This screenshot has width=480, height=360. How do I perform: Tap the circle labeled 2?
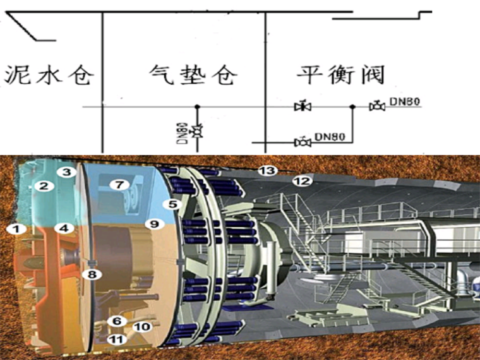44,186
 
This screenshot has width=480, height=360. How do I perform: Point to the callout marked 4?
64,227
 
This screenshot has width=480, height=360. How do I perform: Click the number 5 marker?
170,204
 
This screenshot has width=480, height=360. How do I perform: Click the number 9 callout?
153,224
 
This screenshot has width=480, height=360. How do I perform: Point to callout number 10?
142,327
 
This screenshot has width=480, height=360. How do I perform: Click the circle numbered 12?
302,182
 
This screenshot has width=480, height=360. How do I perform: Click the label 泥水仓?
49,75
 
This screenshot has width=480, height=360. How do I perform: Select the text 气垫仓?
193,75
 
